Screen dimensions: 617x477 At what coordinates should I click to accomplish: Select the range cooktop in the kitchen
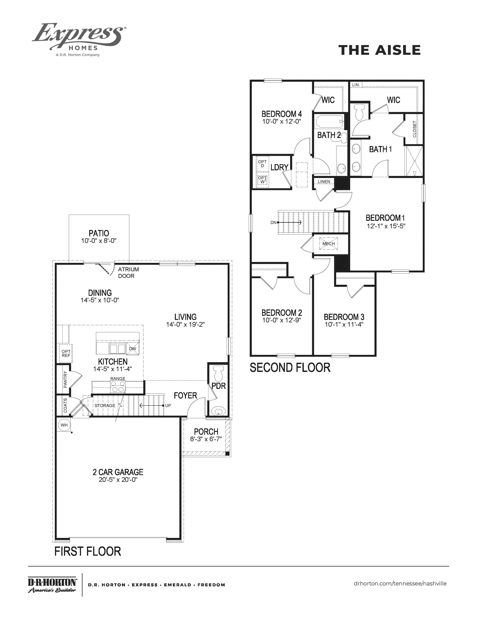118,386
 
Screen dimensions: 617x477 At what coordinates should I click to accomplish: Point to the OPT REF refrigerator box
66,353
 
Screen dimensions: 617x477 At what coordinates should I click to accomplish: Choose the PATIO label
99,233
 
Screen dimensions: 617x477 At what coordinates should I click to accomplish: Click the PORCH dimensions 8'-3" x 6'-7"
206,439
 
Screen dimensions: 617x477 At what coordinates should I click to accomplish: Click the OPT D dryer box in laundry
262,164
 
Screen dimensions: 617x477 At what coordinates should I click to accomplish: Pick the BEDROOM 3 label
344,317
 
